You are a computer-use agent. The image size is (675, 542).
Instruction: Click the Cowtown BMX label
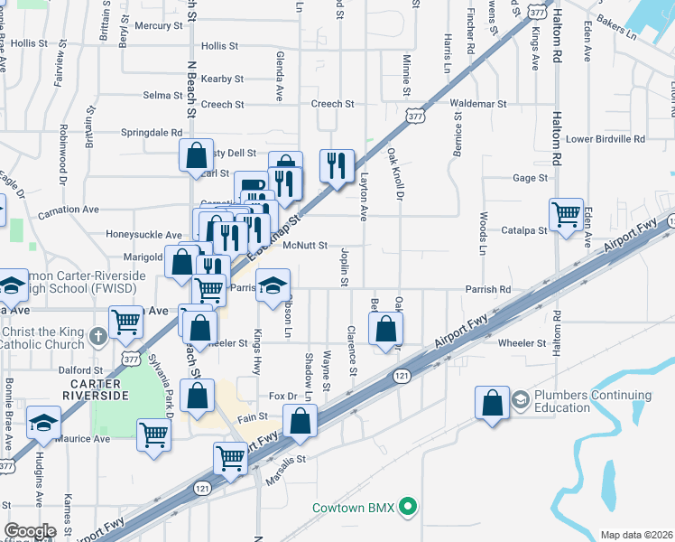pos(354,508)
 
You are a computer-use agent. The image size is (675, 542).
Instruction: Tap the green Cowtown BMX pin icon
pos(409,507)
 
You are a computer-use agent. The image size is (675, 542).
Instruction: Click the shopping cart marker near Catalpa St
pos(566,215)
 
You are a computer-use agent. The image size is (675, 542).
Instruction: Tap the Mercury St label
pos(159,26)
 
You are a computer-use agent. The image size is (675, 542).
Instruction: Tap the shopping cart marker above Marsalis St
pos(231,458)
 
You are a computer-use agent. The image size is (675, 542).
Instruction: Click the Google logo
pos(30,531)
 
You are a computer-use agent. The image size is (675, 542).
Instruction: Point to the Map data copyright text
pos(636,535)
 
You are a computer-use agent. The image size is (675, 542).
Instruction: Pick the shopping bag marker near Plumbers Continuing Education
pos(493,403)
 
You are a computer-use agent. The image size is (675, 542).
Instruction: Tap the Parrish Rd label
pos(488,290)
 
